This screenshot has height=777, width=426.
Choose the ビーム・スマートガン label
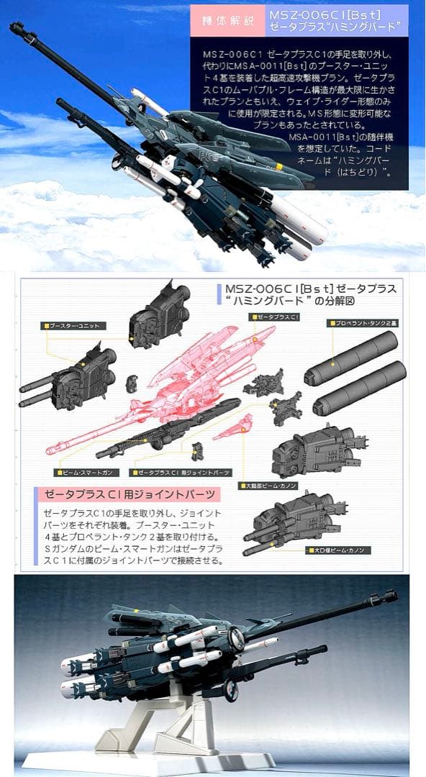pos(86,473)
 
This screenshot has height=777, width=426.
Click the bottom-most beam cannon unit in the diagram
pos(291,519)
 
